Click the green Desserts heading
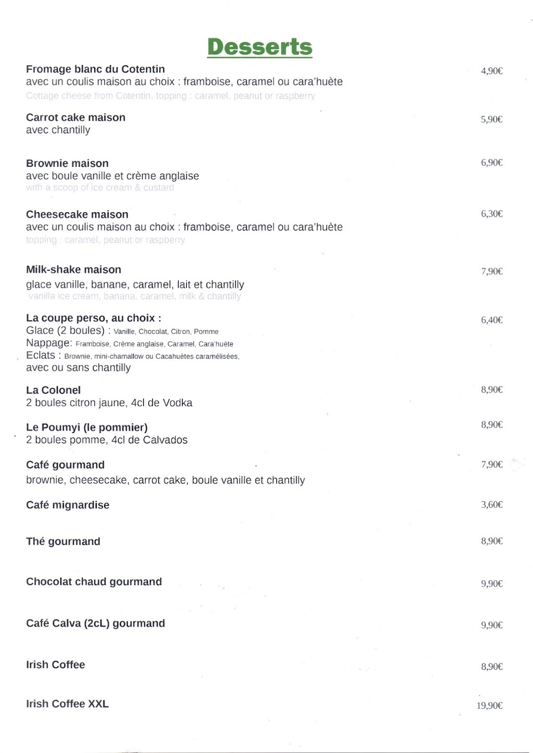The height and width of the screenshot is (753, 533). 260,47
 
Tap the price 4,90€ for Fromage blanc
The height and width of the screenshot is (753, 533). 491,71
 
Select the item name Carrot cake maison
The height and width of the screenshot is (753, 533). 75,118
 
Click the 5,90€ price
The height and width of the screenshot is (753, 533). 491,119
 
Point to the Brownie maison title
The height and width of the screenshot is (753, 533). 67,163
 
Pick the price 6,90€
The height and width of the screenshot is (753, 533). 491,162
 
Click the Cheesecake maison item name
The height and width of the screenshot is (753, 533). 77,214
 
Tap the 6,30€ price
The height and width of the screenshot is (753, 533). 491,213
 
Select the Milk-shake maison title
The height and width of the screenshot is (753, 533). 73,270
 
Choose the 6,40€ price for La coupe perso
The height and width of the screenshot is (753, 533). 491,320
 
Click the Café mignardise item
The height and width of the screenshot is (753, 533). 68,505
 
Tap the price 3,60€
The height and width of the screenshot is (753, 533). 491,504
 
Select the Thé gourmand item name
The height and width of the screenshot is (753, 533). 63,541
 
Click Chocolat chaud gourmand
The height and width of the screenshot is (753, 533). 94,582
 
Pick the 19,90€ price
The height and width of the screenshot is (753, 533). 489,706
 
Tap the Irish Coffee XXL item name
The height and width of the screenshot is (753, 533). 67,704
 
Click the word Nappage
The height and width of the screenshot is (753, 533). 49,343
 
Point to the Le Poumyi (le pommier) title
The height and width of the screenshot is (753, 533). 87,427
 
